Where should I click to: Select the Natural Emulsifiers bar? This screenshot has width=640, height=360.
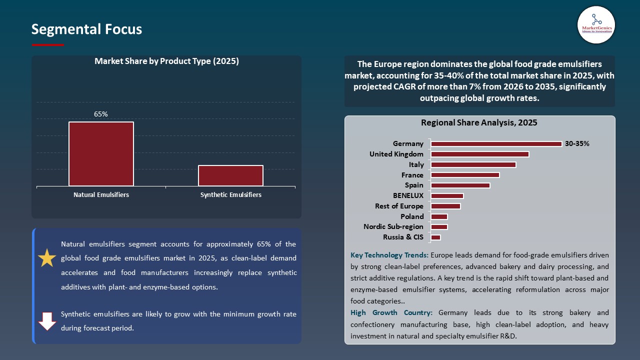point(101,154)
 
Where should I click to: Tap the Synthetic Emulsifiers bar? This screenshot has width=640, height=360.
point(230,175)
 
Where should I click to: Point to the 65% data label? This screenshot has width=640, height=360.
point(101,114)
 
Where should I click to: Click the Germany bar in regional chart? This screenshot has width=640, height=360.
point(496,144)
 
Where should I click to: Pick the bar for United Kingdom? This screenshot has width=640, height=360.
point(479,154)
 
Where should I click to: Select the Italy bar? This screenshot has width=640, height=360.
point(473,164)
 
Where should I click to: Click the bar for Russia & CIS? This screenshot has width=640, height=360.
point(435,237)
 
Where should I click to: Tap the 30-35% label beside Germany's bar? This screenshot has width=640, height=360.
point(577,144)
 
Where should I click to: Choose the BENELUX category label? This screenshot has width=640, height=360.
point(408,196)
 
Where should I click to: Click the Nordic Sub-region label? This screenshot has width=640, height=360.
point(393,227)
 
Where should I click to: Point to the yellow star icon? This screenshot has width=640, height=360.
point(47,258)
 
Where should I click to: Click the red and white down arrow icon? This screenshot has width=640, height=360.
point(47,321)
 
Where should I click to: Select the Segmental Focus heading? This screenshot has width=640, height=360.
point(86,29)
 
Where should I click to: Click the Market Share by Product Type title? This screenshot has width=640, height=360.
point(166,61)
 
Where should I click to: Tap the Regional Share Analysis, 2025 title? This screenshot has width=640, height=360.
point(479,123)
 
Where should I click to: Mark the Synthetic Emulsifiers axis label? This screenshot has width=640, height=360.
point(230,195)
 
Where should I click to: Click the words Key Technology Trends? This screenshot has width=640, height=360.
point(389,255)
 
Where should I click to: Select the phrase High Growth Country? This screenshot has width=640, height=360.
point(391,313)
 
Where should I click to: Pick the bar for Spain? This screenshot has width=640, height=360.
point(460,185)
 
